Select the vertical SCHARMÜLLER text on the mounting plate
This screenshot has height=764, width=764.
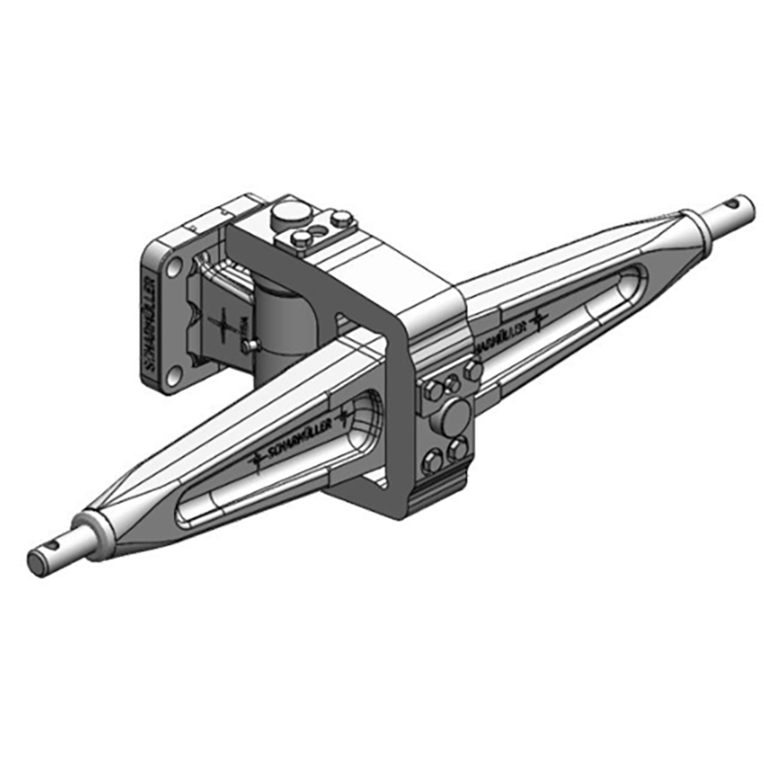point(149,325)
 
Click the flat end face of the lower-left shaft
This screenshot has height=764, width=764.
point(36,563)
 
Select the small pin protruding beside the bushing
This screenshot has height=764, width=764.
point(249,343)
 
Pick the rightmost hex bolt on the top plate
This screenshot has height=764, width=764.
point(339,220)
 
